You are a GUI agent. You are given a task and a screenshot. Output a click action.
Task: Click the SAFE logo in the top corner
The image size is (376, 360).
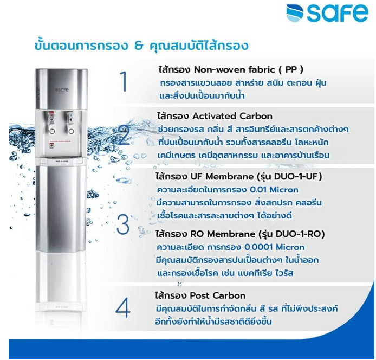(x=327, y=13)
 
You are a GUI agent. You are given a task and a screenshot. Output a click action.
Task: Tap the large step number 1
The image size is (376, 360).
(x=124, y=82)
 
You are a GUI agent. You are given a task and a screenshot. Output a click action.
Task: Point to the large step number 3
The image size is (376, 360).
(x=123, y=224)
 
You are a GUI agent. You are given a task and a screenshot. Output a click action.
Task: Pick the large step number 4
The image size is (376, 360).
(x=123, y=308)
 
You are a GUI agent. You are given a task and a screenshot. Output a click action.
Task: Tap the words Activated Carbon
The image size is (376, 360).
(x=232, y=116)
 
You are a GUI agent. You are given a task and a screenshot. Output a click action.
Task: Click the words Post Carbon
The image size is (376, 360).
(x=217, y=295)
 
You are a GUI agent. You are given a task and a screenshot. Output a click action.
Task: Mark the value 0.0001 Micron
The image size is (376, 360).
(x=274, y=247)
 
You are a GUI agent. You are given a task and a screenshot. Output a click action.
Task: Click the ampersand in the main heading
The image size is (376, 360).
(x=139, y=46)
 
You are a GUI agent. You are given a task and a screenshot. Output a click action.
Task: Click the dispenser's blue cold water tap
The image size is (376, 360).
(x=70, y=118)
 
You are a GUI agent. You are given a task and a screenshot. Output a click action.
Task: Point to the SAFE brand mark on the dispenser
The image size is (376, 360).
(x=62, y=90)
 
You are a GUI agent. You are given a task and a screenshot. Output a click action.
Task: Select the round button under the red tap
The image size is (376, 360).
(x=52, y=131)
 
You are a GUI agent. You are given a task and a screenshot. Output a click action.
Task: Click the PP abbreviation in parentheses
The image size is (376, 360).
(x=291, y=69)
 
